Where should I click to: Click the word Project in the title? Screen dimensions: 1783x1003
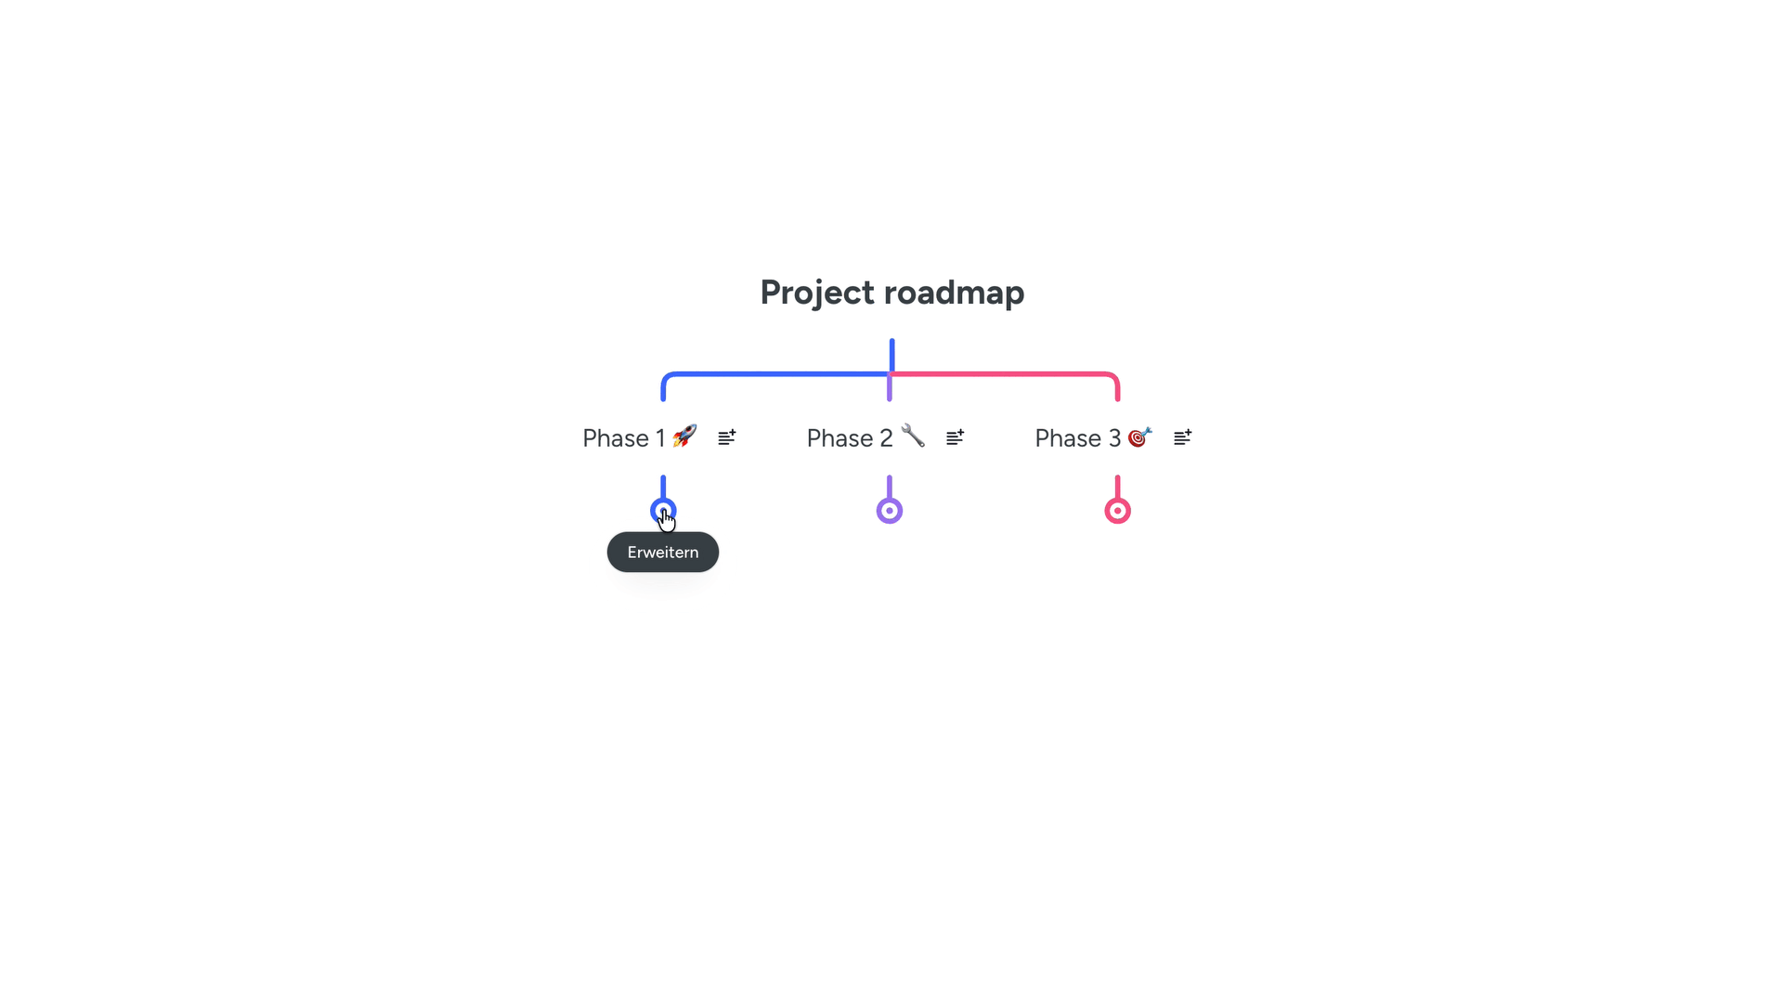pyautogui.click(x=817, y=293)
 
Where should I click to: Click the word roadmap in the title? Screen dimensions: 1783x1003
pyautogui.click(x=954, y=293)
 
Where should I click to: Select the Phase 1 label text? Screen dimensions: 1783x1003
pyautogui.click(x=624, y=438)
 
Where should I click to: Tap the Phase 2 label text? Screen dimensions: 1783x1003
pyautogui.click(x=850, y=438)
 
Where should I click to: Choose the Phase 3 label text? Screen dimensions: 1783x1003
pyautogui.click(x=1078, y=438)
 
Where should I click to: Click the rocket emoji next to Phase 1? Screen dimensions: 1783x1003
pyautogui.click(x=684, y=436)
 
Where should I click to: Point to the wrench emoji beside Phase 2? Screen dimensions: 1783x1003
pyautogui.click(x=913, y=436)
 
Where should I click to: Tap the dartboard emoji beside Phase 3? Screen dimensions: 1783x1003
pyautogui.click(x=1140, y=436)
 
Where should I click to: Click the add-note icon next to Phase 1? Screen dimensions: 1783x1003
pyautogui.click(x=727, y=437)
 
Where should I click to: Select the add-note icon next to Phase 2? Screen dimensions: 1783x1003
pyautogui.click(x=956, y=437)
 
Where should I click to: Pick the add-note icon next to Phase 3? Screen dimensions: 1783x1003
pyautogui.click(x=1183, y=437)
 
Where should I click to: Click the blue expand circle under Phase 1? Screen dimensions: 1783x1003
pyautogui.click(x=663, y=511)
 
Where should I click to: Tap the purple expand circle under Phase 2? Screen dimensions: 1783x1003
pyautogui.click(x=890, y=511)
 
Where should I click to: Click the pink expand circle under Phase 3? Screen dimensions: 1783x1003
pyautogui.click(x=1117, y=511)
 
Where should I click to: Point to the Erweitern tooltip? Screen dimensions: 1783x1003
pyautogui.click(x=663, y=553)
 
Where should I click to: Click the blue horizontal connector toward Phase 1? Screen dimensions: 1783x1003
pyautogui.click(x=776, y=374)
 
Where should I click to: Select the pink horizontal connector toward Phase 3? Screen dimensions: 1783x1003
pyautogui.click(x=1005, y=374)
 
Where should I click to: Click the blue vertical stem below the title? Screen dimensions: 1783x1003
pyautogui.click(x=891, y=357)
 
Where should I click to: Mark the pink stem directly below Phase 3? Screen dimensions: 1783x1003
pyautogui.click(x=1117, y=487)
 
